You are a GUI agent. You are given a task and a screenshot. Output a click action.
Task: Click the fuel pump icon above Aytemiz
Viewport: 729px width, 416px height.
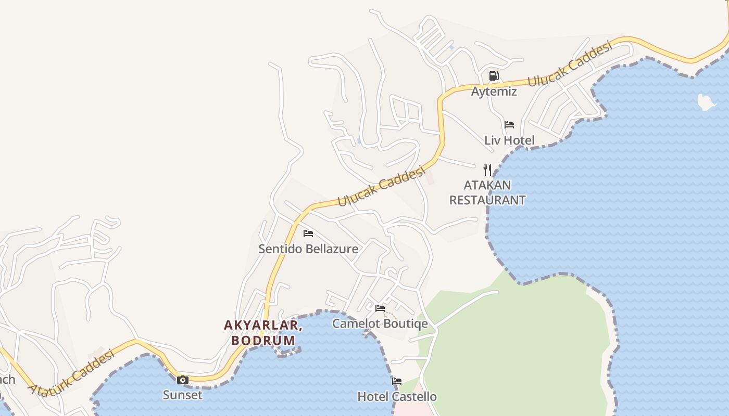coord(494,76)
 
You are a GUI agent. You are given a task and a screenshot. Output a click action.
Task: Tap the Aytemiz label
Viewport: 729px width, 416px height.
coord(494,92)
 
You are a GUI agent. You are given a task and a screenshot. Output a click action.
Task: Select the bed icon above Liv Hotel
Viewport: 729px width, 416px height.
coord(509,125)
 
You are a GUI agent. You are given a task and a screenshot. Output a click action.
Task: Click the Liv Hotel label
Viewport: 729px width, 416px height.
coord(509,140)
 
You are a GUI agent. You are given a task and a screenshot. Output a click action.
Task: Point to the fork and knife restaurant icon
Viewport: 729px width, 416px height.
coord(487,170)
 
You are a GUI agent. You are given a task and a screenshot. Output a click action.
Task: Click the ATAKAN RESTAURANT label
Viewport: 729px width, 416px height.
coord(487,192)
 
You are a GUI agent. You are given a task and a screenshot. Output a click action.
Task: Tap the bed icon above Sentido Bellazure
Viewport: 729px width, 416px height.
coord(308,233)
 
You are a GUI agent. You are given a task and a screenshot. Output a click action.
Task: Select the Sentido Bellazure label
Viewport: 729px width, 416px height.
coord(308,249)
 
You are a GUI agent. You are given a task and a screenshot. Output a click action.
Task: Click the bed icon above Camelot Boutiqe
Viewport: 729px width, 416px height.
coord(380,308)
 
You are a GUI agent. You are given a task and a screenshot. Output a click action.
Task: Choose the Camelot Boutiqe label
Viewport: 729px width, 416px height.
coord(380,323)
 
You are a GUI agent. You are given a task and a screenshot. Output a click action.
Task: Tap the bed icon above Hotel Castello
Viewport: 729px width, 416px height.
coord(397,381)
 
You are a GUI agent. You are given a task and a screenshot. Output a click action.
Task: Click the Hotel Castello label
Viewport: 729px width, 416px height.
coord(397,397)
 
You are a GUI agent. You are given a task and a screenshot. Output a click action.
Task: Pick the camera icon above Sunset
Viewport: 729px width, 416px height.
coord(182,380)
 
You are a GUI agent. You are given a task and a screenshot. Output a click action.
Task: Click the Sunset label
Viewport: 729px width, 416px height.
coord(182,395)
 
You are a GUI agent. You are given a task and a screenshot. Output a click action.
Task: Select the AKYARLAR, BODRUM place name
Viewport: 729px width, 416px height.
coord(263,333)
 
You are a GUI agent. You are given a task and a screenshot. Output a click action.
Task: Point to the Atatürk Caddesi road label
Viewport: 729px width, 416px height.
coord(72,373)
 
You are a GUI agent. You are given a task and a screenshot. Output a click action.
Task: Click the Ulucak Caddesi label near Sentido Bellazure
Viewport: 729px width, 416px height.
coord(382,186)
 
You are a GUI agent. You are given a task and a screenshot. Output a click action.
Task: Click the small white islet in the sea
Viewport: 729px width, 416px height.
coord(706,102)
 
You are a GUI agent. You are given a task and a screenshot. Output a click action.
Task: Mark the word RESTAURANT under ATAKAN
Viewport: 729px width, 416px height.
coord(487,200)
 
